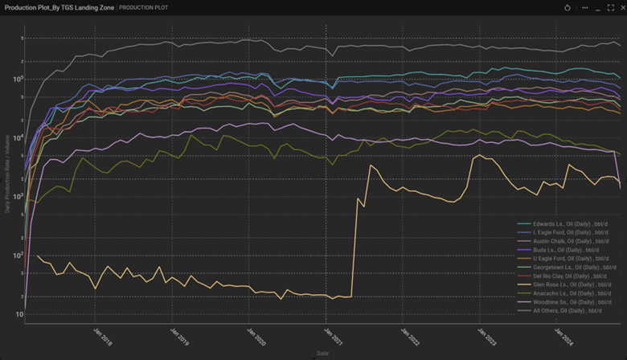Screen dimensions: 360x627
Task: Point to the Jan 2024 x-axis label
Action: tap(560, 331)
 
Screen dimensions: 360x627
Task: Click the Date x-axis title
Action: tap(322, 352)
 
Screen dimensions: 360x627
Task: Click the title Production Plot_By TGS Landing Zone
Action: tap(59, 7)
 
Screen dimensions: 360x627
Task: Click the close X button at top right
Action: tap(621, 7)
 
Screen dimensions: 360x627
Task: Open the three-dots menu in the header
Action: tap(585, 7)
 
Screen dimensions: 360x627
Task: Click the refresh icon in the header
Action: tap(568, 7)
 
